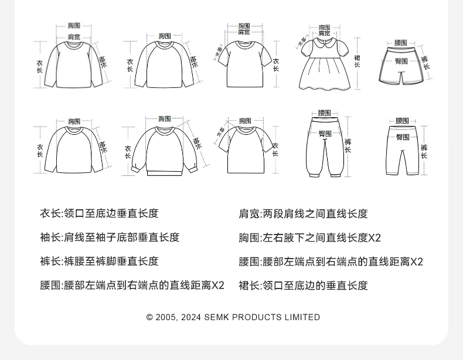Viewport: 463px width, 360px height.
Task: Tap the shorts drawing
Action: (x=401, y=66)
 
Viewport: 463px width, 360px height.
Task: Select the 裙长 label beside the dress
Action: (x=357, y=60)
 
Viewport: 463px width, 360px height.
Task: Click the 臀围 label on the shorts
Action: (x=401, y=61)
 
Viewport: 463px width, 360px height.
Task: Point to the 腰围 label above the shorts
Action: (x=401, y=43)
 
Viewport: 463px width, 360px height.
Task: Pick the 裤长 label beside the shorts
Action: (x=425, y=62)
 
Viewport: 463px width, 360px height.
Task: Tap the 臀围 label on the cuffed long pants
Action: (x=325, y=134)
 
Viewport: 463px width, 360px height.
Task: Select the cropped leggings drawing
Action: (x=402, y=150)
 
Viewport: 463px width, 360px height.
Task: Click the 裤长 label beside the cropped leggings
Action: (x=424, y=151)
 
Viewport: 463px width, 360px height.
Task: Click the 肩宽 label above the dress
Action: (x=324, y=34)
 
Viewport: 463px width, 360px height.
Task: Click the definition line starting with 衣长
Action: (x=99, y=213)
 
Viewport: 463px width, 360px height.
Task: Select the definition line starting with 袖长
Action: (x=110, y=237)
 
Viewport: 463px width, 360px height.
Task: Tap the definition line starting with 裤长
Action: (x=99, y=261)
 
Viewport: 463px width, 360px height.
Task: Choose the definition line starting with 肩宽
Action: (x=303, y=214)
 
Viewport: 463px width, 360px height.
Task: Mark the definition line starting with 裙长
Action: (x=303, y=286)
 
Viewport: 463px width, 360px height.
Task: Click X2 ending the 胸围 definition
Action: (x=375, y=238)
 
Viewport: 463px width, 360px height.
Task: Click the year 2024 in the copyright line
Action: (x=191, y=317)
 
